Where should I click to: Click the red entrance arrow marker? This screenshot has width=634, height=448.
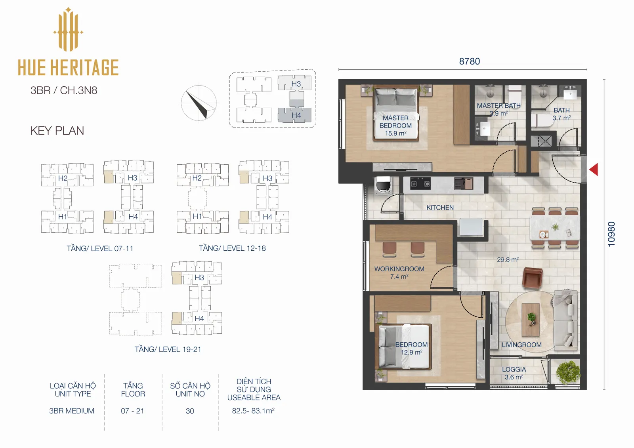coord(594,170)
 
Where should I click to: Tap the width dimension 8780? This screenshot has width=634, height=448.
coord(469,61)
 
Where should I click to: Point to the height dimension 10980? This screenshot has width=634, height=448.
coord(611,234)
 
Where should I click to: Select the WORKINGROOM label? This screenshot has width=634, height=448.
coord(399,269)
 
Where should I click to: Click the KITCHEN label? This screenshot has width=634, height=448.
coord(440,208)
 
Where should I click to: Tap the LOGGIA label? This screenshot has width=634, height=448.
coord(514,369)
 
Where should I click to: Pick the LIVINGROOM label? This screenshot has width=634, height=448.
coord(521,345)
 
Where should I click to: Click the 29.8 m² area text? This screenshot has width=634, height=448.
coord(508,259)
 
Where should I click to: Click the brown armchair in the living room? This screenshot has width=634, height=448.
coord(533,278)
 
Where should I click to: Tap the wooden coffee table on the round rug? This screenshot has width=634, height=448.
coord(531,320)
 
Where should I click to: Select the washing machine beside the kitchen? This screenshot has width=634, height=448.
coord(383,185)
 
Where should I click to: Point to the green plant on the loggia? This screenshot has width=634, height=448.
coord(568,372)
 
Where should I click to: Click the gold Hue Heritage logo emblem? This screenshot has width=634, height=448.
coord(68,29)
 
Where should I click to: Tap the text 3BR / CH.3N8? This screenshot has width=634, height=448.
coord(64,90)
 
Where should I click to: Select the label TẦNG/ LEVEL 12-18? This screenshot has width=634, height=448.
coord(232,248)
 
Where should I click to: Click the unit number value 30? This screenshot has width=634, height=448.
coord(190,411)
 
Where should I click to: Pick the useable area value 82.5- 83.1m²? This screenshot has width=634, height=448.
coord(253,411)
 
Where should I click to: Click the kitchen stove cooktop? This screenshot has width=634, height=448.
coord(420,184)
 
